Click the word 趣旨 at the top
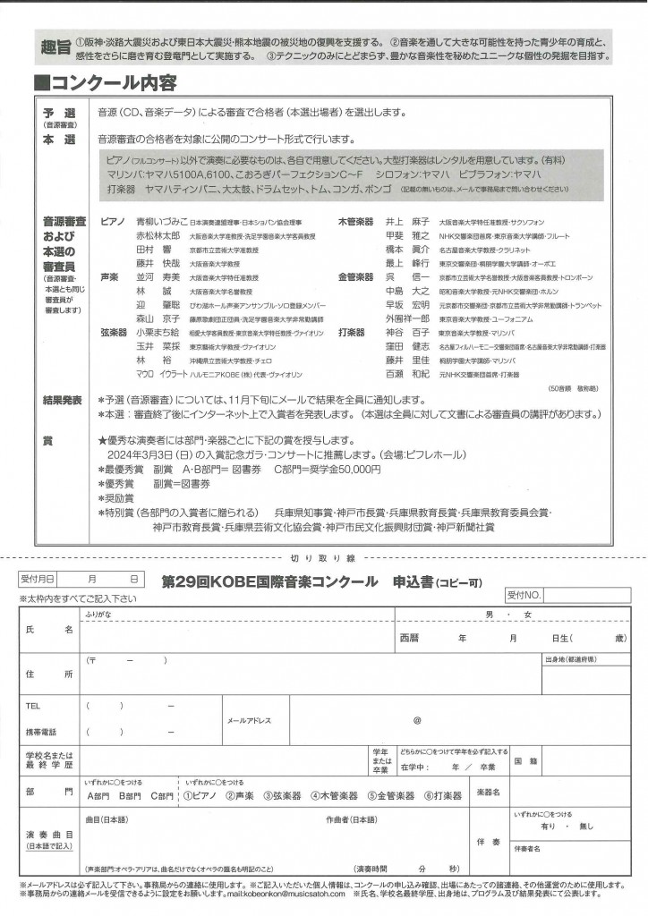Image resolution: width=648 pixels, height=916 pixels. (x=56, y=47)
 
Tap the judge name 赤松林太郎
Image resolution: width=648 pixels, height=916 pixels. (x=157, y=236)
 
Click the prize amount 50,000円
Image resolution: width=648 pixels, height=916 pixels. (x=338, y=468)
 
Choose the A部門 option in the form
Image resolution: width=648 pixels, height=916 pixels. (x=99, y=795)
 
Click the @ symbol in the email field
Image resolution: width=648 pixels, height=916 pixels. (x=416, y=720)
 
